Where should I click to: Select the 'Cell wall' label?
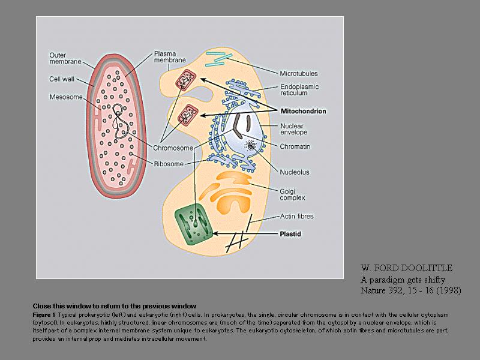pyautogui.click(x=61, y=78)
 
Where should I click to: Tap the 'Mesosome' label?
pyautogui.click(x=65, y=97)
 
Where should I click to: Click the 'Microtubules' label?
pyautogui.click(x=299, y=73)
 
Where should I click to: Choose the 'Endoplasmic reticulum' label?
pyautogui.click(x=299, y=90)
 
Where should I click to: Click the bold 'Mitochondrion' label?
pyautogui.click(x=304, y=111)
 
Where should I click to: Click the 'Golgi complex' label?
pyautogui.click(x=293, y=193)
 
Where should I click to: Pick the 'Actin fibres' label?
pyautogui.click(x=297, y=216)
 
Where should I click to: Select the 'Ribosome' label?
pyautogui.click(x=169, y=163)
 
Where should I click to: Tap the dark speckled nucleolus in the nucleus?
pyautogui.click(x=248, y=146)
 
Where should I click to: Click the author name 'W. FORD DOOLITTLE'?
pyautogui.click(x=406, y=268)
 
